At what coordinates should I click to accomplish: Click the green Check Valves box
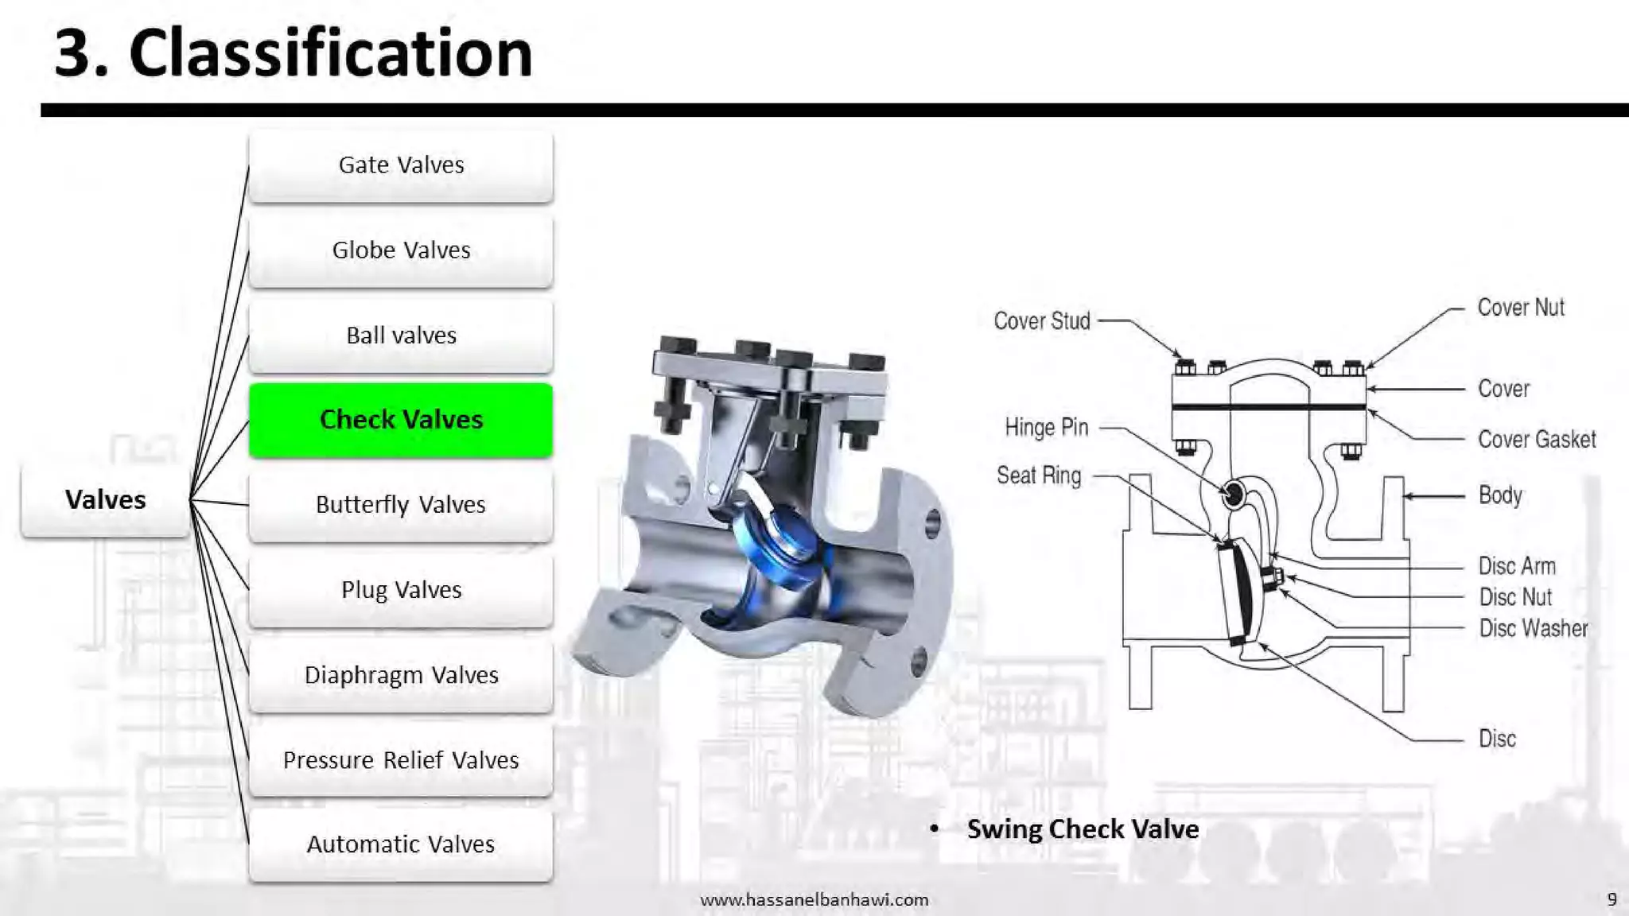[401, 420]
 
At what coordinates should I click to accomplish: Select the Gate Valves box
[401, 165]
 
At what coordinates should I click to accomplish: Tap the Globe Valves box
[401, 250]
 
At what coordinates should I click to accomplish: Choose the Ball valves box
[401, 336]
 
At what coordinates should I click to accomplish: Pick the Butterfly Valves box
[401, 505]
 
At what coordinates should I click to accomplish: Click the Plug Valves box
[401, 590]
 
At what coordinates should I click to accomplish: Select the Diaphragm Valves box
[401, 675]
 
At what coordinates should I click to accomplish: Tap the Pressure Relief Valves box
[401, 760]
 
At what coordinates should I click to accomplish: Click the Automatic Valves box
[401, 844]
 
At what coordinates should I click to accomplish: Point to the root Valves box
[106, 500]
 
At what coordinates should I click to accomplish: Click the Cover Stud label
[1042, 321]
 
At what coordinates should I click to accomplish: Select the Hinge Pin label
[1046, 428]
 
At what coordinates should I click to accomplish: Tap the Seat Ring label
[1039, 475]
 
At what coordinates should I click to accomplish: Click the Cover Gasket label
[1537, 440]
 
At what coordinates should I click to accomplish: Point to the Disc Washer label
[1533, 628]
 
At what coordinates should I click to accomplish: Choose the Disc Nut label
[1515, 597]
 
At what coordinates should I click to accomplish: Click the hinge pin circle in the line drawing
[1234, 495]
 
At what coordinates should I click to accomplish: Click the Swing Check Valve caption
[1083, 829]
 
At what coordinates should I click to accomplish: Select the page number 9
[1612, 899]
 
